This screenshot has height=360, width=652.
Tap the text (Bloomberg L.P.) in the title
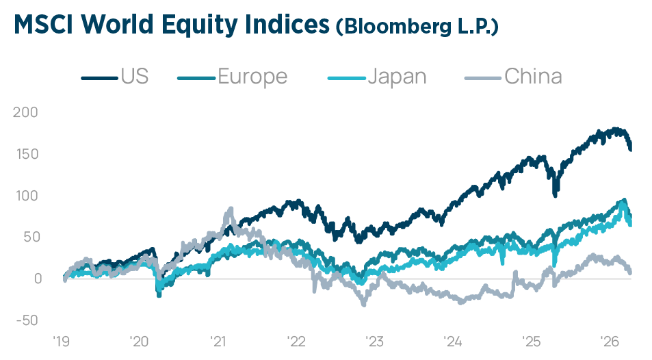coord(417,27)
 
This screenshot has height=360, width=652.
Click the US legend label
coord(135,76)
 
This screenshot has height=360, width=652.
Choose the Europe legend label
coord(252,76)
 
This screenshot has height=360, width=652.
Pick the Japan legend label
coord(397,76)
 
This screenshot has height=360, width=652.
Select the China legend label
coord(533,76)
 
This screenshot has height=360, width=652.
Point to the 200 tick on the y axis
coord(26,112)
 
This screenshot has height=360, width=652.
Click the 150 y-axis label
coord(26,154)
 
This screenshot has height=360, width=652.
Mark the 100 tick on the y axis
coord(26,196)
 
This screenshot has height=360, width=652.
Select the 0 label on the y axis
coord(36,279)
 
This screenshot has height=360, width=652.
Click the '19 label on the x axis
coord(62,340)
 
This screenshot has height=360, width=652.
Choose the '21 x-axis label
coord(219,340)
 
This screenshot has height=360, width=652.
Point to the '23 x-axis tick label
coord(375,340)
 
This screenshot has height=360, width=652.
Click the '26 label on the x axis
coord(609,340)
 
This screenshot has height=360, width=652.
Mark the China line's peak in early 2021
coord(230,209)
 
